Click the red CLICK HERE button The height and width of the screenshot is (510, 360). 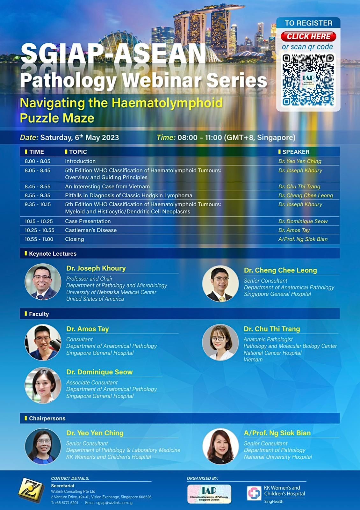click(x=308, y=36)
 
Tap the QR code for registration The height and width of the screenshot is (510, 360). click(x=308, y=80)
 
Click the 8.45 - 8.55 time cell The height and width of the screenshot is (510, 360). click(x=38, y=186)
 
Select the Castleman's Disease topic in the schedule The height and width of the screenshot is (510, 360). click(x=91, y=230)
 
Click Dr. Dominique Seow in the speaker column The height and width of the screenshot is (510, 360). click(x=303, y=221)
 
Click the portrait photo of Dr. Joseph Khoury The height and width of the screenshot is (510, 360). click(x=43, y=282)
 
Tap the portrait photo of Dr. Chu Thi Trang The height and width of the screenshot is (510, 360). click(x=220, y=342)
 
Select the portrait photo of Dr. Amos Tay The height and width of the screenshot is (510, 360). click(x=43, y=342)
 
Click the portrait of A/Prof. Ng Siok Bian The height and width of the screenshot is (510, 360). click(x=220, y=447)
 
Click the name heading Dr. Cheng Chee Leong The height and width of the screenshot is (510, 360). click(x=280, y=270)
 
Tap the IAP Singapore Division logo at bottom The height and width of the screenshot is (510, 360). click(x=209, y=494)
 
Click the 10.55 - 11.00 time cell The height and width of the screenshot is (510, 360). click(x=39, y=239)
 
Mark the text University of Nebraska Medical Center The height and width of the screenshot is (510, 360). click(x=111, y=292)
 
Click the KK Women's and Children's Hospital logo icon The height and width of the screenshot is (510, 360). click(x=254, y=493)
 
